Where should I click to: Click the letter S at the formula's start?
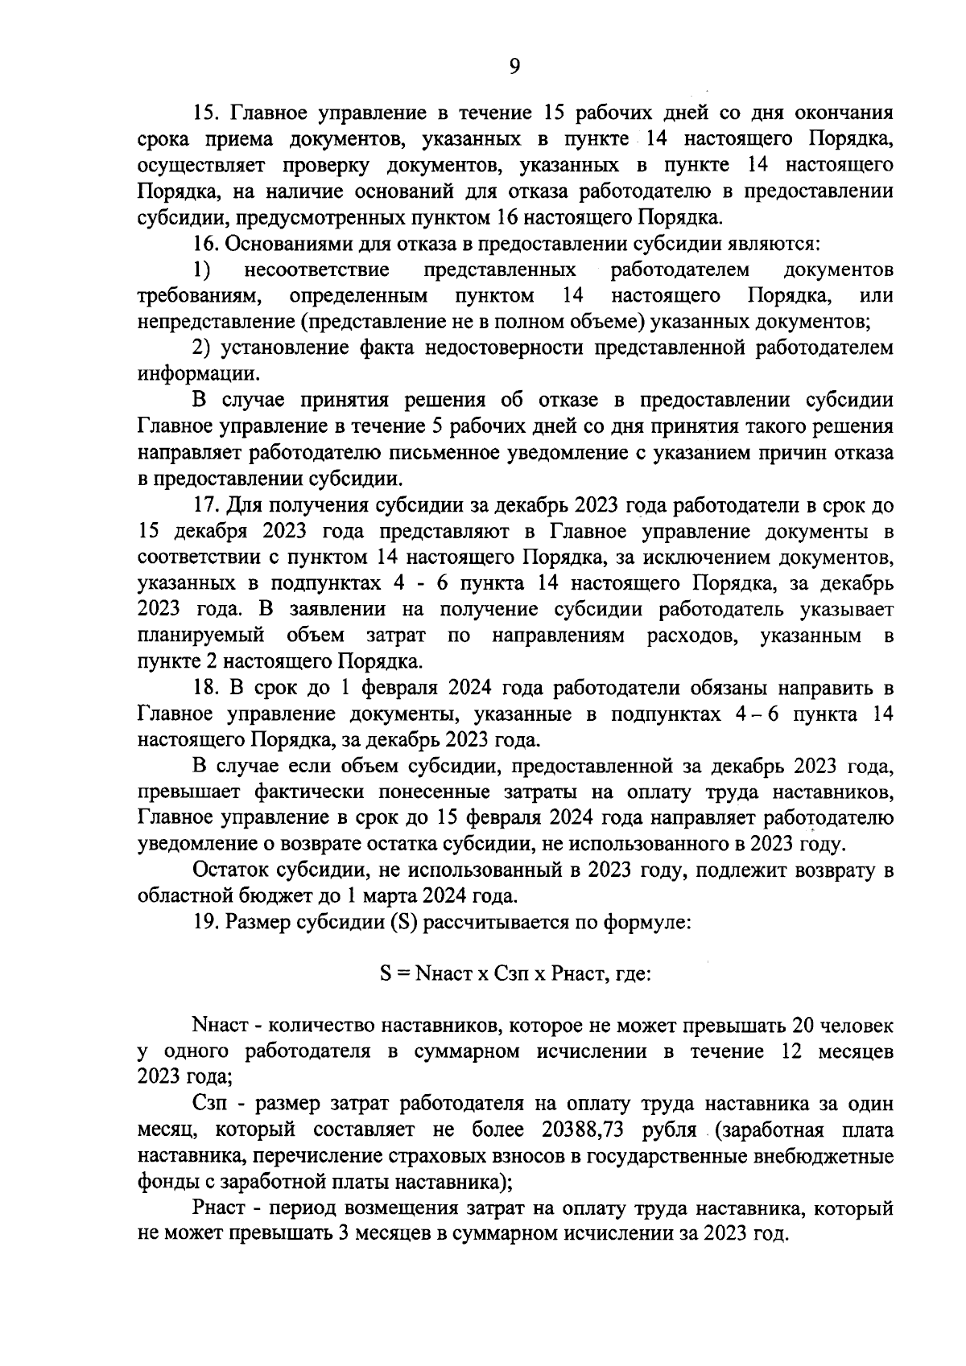[x=386, y=973]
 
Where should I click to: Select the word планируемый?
[x=201, y=636]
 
